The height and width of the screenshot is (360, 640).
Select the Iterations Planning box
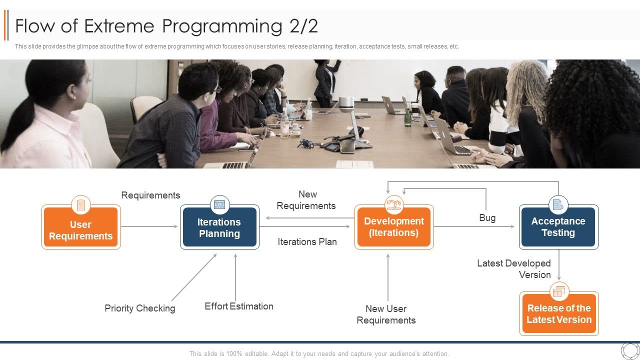click(x=219, y=228)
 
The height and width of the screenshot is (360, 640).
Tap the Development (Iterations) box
click(x=394, y=227)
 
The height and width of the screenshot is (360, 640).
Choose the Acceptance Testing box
click(x=558, y=227)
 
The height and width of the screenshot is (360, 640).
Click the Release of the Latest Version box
click(x=559, y=314)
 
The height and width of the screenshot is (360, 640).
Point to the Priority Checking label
click(x=140, y=308)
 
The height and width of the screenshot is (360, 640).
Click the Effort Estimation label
click(x=239, y=306)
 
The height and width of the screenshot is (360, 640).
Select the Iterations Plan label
click(x=307, y=241)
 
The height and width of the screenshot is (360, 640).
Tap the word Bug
click(x=487, y=217)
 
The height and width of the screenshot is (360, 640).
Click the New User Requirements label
click(x=386, y=314)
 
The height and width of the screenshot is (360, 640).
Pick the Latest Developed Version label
click(x=514, y=268)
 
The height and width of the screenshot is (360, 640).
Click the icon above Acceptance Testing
click(x=558, y=204)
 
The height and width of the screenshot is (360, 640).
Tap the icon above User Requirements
click(x=81, y=204)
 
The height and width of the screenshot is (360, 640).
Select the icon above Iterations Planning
click(x=219, y=204)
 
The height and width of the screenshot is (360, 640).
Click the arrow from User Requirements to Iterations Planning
click(x=149, y=226)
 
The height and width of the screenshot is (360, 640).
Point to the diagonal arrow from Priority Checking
click(x=194, y=277)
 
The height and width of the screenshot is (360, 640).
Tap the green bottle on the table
click(x=407, y=117)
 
